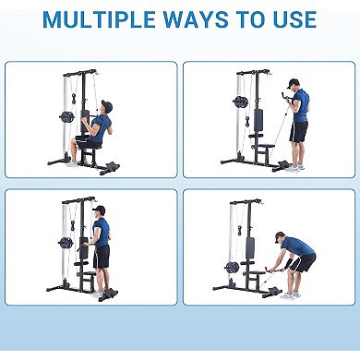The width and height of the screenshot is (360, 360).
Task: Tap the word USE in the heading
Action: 290,18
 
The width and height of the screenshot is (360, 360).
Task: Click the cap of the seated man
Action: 105,105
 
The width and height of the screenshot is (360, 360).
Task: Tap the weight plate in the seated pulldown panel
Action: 66,117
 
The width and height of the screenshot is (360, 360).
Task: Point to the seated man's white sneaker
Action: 72,163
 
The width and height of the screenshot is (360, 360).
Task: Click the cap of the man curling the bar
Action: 294,83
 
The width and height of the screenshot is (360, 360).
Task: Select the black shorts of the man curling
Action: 297,132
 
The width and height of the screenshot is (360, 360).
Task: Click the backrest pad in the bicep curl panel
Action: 260,120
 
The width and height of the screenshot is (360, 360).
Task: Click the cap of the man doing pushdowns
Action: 100,210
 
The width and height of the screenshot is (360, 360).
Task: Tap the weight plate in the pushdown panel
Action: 66,243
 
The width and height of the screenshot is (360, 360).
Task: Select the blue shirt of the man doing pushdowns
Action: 102,232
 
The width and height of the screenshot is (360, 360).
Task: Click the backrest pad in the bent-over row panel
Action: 249,247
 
